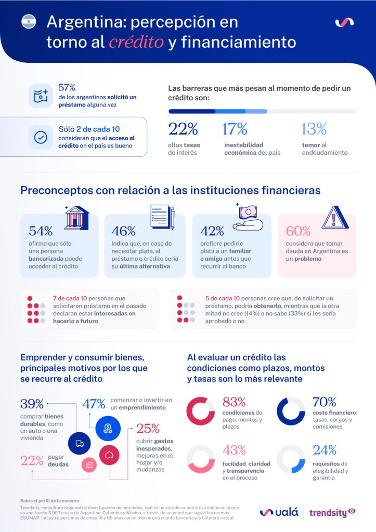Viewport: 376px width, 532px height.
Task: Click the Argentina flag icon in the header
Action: (29, 22)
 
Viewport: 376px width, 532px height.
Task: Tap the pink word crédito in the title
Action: (136, 42)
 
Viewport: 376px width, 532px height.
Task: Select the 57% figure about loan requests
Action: (67, 87)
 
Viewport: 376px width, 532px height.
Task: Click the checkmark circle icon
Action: (41, 137)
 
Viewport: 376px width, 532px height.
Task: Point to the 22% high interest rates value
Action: (183, 129)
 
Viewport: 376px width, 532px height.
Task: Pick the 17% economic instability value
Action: (235, 129)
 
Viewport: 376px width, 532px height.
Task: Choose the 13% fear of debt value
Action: (314, 129)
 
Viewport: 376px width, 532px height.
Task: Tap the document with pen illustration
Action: (162, 218)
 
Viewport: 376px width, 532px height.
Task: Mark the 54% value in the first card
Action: (41, 231)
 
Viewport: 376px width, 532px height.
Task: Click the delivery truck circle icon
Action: (80, 443)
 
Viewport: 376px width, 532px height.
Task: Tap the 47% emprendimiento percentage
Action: (94, 404)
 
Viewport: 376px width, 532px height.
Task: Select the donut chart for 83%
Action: (201, 411)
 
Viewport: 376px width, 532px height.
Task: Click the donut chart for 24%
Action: (291, 459)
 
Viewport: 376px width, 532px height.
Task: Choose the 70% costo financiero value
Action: (324, 402)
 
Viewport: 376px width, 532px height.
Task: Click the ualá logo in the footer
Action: (279, 512)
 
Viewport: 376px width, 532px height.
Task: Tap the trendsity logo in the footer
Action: (332, 512)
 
